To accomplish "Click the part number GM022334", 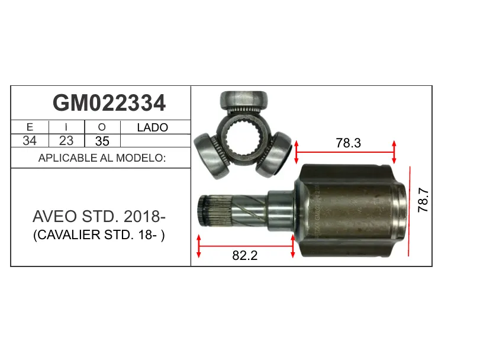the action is pyautogui.click(x=109, y=103).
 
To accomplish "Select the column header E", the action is pyautogui.click(x=30, y=127).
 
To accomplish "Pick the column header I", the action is pyautogui.click(x=66, y=127).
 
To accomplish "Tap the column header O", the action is pyautogui.click(x=102, y=127).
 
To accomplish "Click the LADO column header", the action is pyautogui.click(x=153, y=127).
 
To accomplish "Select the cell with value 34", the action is pyautogui.click(x=30, y=141).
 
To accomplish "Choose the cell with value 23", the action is pyautogui.click(x=66, y=141).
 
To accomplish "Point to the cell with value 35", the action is pyautogui.click(x=102, y=141).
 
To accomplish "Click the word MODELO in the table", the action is pyautogui.click(x=141, y=158).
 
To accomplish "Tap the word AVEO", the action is pyautogui.click(x=55, y=217).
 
